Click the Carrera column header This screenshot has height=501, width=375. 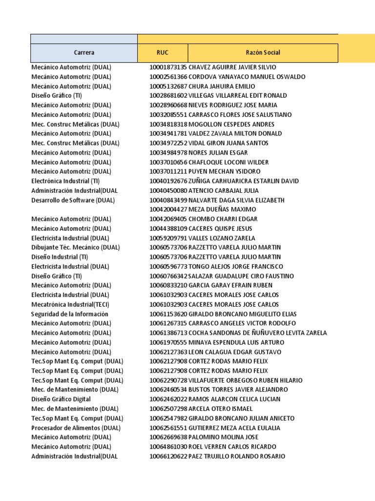[x=84, y=53]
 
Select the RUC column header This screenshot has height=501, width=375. [x=163, y=53]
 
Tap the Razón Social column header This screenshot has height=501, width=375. [x=263, y=53]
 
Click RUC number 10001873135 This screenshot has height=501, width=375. [x=168, y=67]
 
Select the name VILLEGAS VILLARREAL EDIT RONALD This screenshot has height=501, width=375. [x=238, y=95]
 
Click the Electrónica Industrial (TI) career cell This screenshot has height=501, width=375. [x=65, y=181]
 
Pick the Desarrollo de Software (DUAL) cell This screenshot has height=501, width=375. [x=73, y=200]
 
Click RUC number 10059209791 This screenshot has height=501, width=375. [x=168, y=238]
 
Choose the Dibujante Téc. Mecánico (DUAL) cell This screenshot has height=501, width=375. [x=75, y=248]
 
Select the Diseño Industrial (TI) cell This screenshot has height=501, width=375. [x=60, y=257]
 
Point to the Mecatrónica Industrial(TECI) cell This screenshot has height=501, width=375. [x=70, y=304]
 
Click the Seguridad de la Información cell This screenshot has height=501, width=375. [x=70, y=314]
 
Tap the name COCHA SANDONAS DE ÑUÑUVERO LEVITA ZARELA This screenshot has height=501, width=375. [x=258, y=333]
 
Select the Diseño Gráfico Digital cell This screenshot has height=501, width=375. [x=61, y=399]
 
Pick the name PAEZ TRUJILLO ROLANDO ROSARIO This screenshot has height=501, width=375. [x=237, y=456]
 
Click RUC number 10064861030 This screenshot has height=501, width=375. [x=168, y=447]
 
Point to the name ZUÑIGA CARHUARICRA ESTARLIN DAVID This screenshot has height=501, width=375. [x=244, y=181]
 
